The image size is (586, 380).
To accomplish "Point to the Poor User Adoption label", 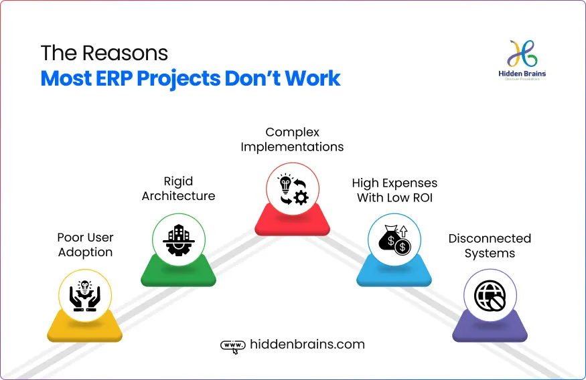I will [x=85, y=245].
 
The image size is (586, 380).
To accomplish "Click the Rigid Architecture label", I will [x=178, y=189].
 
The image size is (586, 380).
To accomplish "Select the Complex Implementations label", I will [x=292, y=139].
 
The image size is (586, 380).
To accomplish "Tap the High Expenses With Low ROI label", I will [x=394, y=190].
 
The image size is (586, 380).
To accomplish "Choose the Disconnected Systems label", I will [x=490, y=246].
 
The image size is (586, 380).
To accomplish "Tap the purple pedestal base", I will [x=490, y=330].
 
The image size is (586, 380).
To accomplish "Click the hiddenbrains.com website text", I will [x=307, y=345].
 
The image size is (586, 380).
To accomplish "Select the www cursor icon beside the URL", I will [x=232, y=346].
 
